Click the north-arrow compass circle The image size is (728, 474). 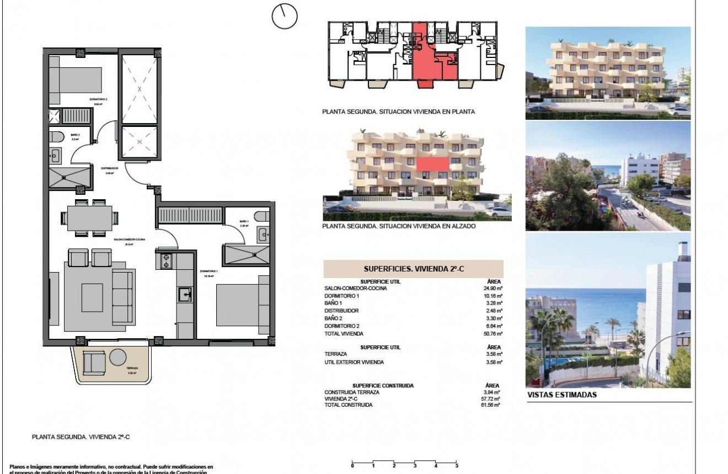[x=285, y=16]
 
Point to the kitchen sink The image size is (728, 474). [x=185, y=295]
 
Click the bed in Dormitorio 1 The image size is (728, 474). [x=239, y=305]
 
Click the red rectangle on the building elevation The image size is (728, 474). [x=432, y=164]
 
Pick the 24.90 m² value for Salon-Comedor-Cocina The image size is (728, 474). [x=490, y=289]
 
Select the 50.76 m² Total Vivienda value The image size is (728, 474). [x=490, y=334]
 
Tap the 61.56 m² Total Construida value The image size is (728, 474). [x=489, y=405]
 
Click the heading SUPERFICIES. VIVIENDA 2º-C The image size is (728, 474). [x=413, y=269]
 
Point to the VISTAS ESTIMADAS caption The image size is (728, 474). [x=562, y=395]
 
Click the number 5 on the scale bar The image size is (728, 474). [x=457, y=466]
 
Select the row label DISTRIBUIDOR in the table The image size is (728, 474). [x=343, y=311]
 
